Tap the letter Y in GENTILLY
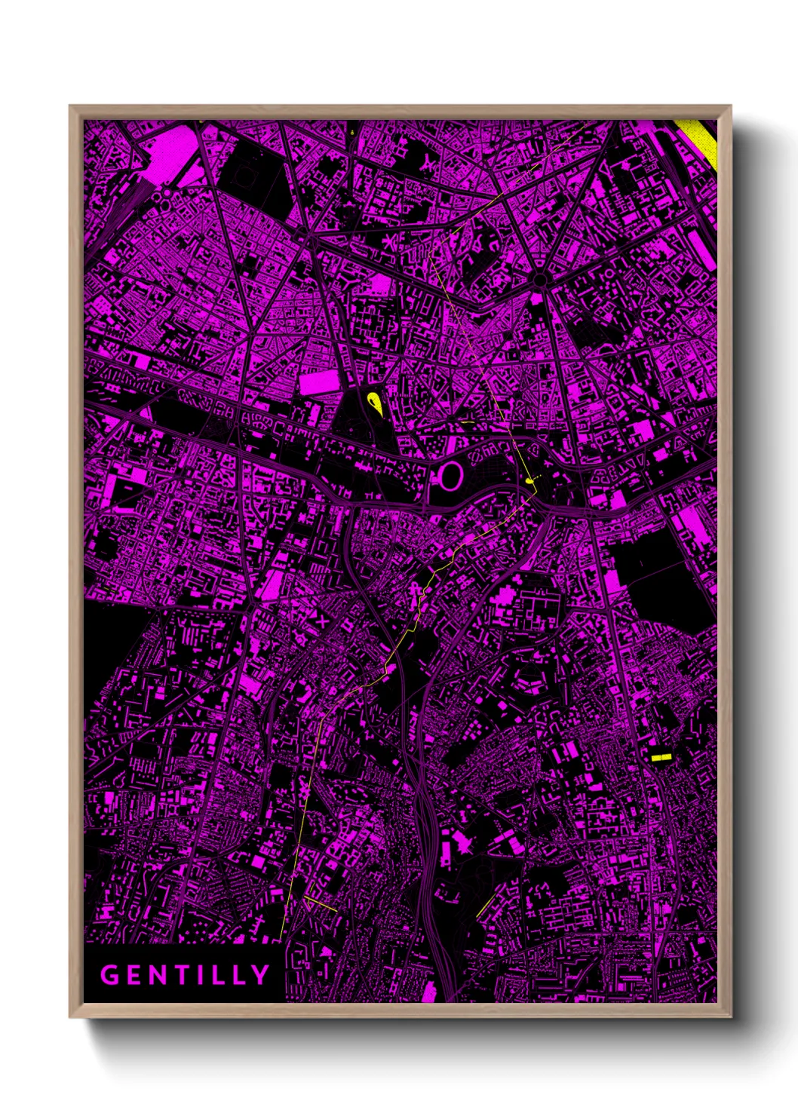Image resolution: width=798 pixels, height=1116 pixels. tap(260, 975)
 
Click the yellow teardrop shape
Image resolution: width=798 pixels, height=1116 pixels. tap(374, 404)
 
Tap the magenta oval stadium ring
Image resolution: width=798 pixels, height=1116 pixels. tap(450, 476)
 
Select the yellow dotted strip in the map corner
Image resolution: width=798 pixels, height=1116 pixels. tap(702, 143)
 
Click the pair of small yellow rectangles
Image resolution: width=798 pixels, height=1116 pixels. tap(661, 756)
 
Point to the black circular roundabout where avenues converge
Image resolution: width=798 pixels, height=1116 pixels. tap(539, 280)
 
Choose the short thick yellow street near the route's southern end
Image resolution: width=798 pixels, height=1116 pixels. tap(321, 904)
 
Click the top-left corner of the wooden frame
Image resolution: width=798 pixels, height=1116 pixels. tap(71, 107)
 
